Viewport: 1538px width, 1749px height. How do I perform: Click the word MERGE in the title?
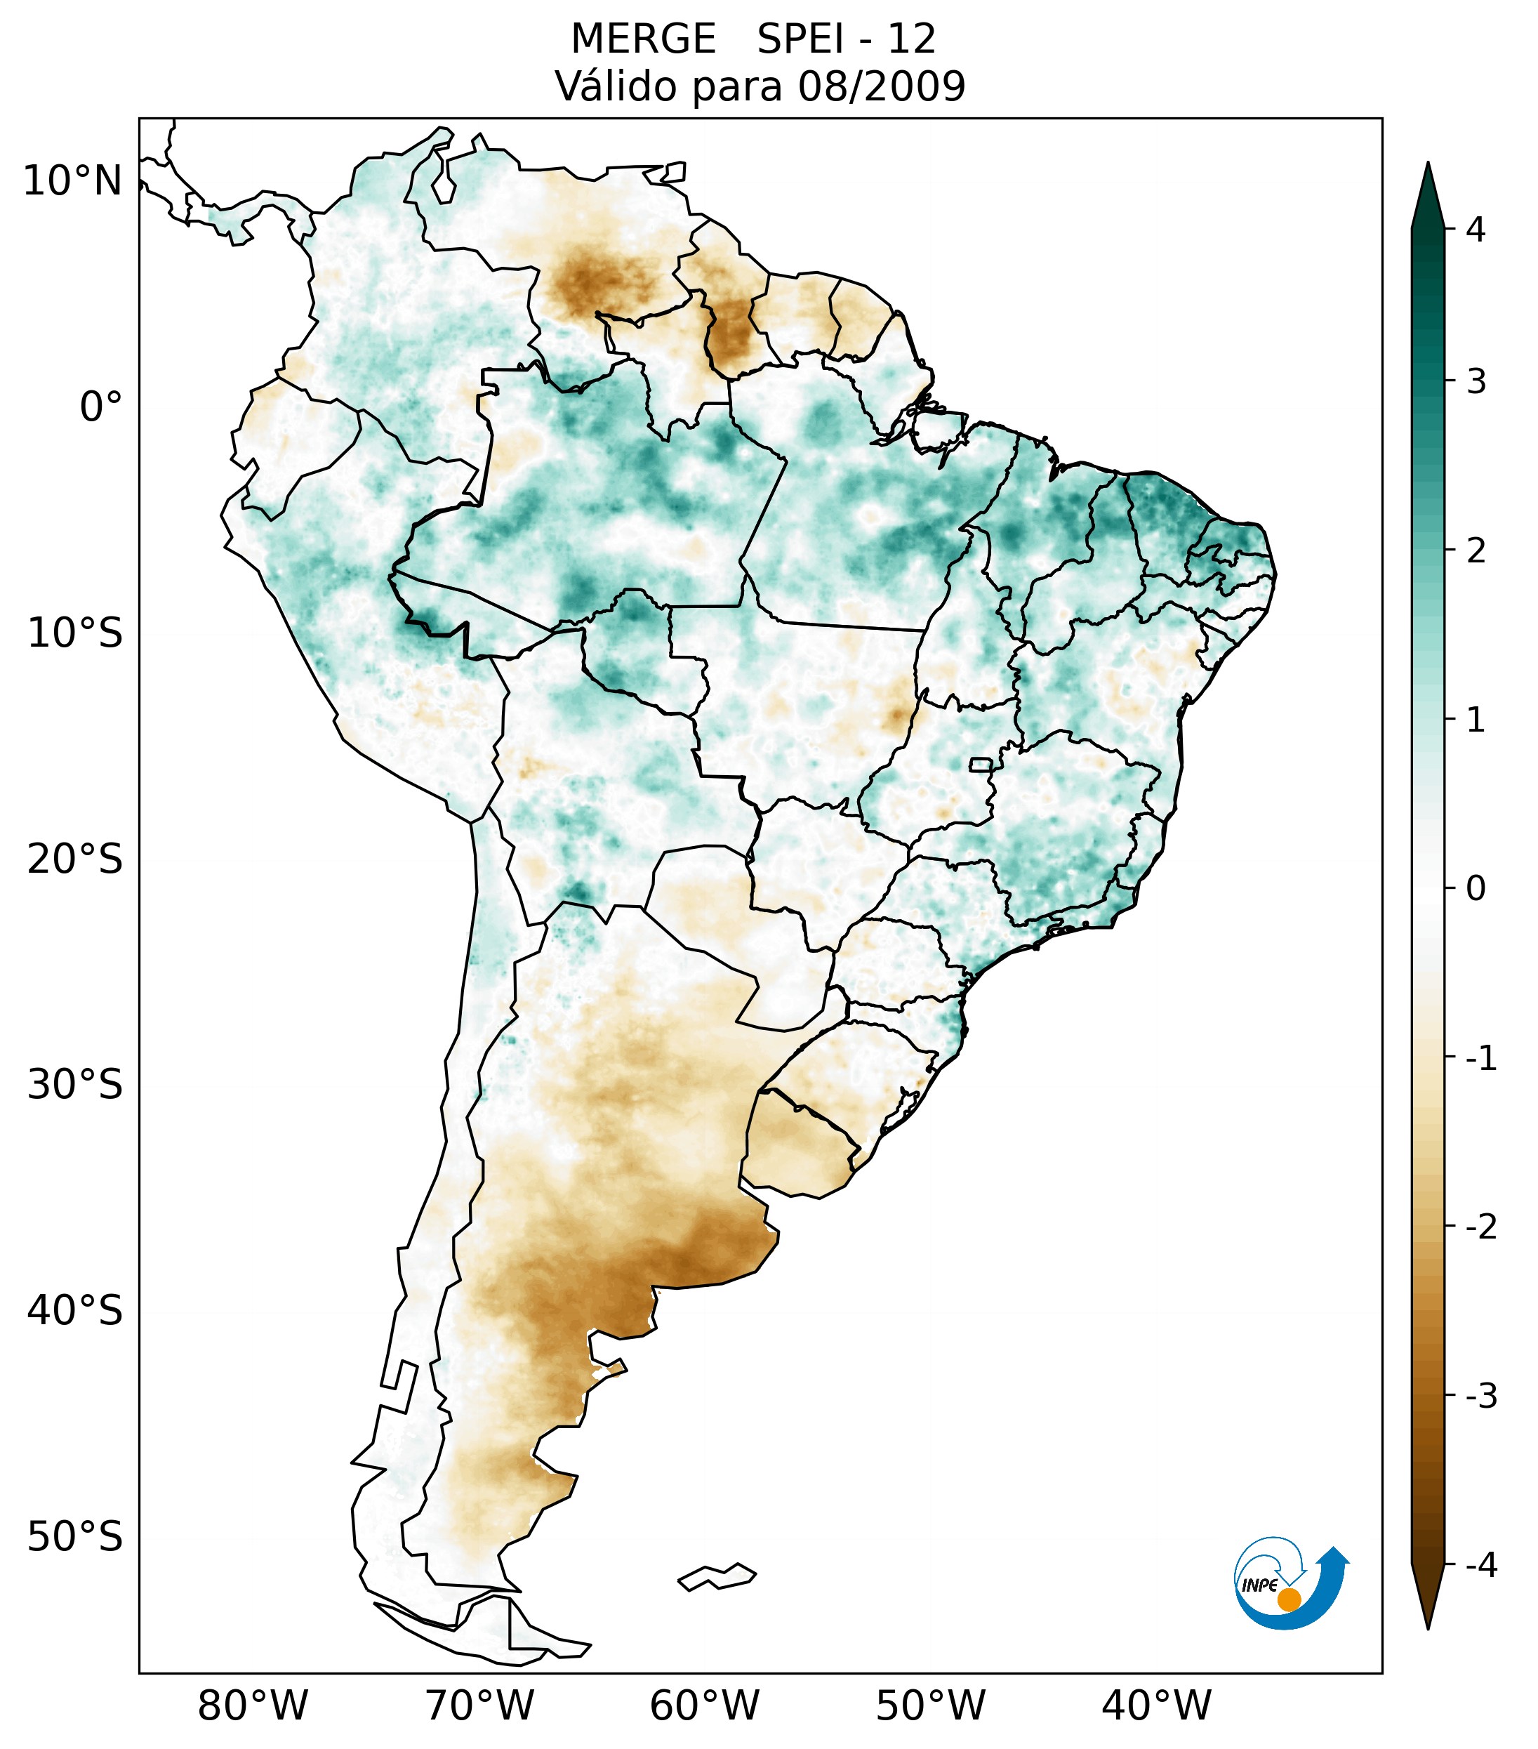tap(642, 39)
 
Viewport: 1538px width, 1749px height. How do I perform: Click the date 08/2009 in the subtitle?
tap(881, 86)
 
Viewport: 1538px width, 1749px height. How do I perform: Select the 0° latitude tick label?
tap(101, 407)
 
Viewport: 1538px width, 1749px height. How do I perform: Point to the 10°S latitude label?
tap(75, 634)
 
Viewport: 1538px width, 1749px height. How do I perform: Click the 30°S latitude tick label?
tap(75, 1085)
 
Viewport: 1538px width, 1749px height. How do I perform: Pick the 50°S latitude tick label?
tap(75, 1538)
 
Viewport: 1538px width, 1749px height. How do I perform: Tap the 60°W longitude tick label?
tap(704, 1705)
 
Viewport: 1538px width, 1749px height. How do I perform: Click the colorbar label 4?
tap(1476, 230)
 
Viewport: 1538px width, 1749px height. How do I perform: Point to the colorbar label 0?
tap(1476, 889)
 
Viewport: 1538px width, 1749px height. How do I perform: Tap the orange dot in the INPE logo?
tap(1288, 1599)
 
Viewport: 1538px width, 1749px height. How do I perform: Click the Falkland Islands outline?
tap(717, 1576)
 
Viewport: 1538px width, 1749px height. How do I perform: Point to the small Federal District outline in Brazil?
tap(981, 764)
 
